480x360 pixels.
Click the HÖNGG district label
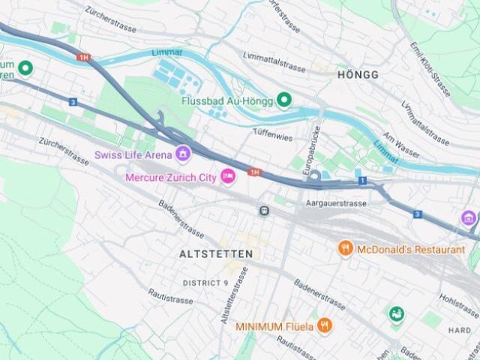point(358,75)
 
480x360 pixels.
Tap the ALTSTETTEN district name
point(216,254)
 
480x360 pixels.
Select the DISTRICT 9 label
point(205,283)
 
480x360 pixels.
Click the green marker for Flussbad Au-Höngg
point(283,100)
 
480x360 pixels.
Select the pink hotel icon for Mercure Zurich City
point(227,177)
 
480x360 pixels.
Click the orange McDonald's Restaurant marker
point(345,248)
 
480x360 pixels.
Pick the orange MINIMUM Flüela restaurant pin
point(324,325)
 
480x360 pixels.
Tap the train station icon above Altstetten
point(264,211)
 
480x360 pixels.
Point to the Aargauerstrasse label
point(336,203)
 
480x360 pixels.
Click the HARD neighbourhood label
point(459,330)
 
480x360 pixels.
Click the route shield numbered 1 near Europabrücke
point(362,181)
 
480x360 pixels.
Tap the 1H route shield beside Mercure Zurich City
point(255,172)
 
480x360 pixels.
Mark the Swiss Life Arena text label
point(133,154)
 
